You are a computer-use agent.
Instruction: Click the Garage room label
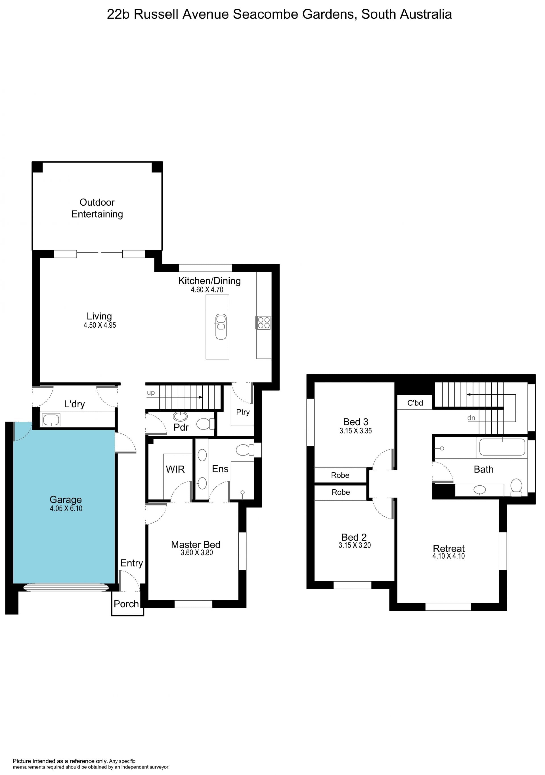pos(66,500)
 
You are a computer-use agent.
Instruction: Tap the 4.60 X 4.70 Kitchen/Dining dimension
pos(207,290)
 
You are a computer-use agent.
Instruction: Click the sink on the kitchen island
pos(221,327)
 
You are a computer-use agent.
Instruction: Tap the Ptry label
pos(243,412)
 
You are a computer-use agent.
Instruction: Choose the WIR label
pos(175,469)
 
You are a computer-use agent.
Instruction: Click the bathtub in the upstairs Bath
pos(502,447)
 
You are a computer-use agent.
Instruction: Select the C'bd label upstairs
pos(415,403)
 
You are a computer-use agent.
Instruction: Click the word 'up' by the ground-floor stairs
pos(151,393)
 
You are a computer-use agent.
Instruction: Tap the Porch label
pos(126,604)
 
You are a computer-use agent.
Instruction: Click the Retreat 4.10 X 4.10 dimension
pos(448,556)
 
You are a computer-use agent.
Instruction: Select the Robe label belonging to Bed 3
pos(340,475)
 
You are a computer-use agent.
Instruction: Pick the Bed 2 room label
pos(354,537)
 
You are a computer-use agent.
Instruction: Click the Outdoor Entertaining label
pos(97,208)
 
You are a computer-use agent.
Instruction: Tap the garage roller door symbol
pos(66,588)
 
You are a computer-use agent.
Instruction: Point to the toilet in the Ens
pos(244,450)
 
